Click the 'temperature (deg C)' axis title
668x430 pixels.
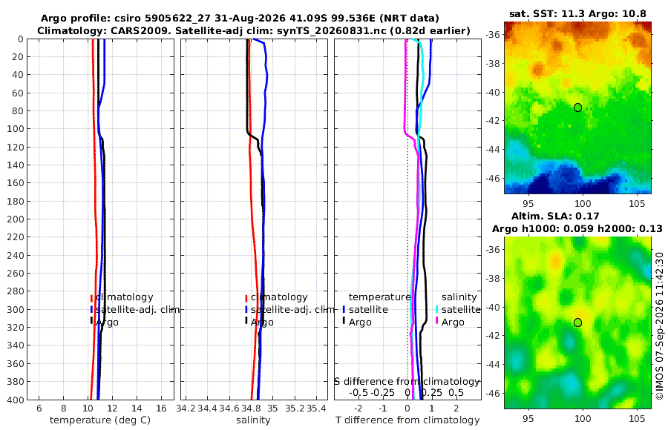(x=100, y=420)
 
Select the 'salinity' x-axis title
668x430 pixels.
(x=254, y=420)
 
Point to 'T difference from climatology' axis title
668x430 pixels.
(x=407, y=420)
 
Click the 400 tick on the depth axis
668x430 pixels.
(x=16, y=400)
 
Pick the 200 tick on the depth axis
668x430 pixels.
(x=16, y=219)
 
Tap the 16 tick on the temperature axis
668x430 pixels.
(x=162, y=408)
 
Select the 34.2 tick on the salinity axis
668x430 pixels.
(x=186, y=408)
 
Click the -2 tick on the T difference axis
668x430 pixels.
(x=358, y=408)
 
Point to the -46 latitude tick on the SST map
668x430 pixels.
(x=493, y=178)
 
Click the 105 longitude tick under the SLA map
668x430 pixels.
(x=637, y=418)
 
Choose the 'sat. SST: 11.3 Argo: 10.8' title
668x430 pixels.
(x=577, y=14)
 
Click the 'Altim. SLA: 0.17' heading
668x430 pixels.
(x=555, y=216)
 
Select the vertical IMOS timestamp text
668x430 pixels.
(x=659, y=326)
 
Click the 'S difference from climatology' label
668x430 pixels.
(x=407, y=381)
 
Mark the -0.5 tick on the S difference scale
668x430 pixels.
(x=358, y=392)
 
